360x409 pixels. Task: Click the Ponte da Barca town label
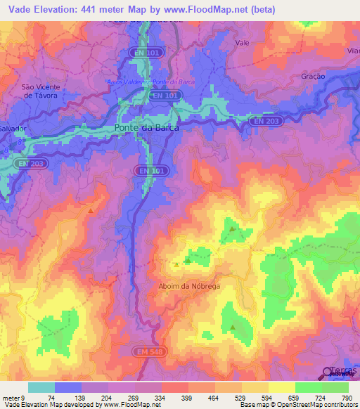pos(146,129)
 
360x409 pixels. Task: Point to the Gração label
pos(312,75)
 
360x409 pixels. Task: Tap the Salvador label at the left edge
pos(13,130)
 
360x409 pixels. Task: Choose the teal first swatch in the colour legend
pos(41,387)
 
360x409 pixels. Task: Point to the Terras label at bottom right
pos(342,370)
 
